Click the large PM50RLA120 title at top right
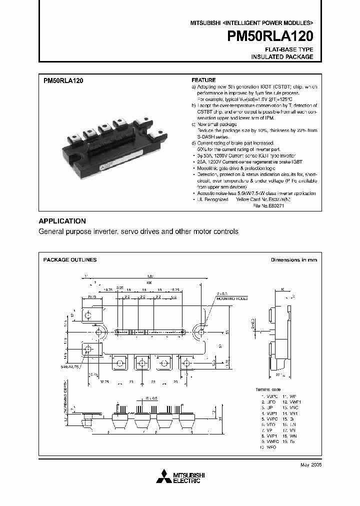[x=270, y=36]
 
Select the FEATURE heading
[x=204, y=80]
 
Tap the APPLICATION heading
[x=62, y=221]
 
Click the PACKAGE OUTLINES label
[x=70, y=260]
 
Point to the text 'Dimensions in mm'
[x=294, y=260]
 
